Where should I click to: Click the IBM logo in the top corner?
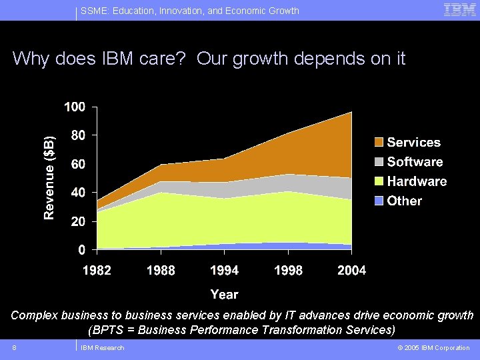click(459, 9)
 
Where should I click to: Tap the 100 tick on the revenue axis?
click(75, 107)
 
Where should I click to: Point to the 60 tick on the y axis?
click(78, 164)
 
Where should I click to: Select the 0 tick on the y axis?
click(81, 250)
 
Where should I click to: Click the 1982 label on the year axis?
click(97, 270)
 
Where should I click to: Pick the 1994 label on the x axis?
click(225, 270)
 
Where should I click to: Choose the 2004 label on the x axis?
click(351, 270)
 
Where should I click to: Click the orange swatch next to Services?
click(379, 143)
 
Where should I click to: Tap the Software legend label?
click(415, 162)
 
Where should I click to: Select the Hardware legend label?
click(417, 181)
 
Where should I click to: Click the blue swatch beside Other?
click(379, 201)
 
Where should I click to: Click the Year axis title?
click(225, 294)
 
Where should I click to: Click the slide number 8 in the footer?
click(14, 347)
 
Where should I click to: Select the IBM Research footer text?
click(102, 347)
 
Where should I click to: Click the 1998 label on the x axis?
click(288, 270)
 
